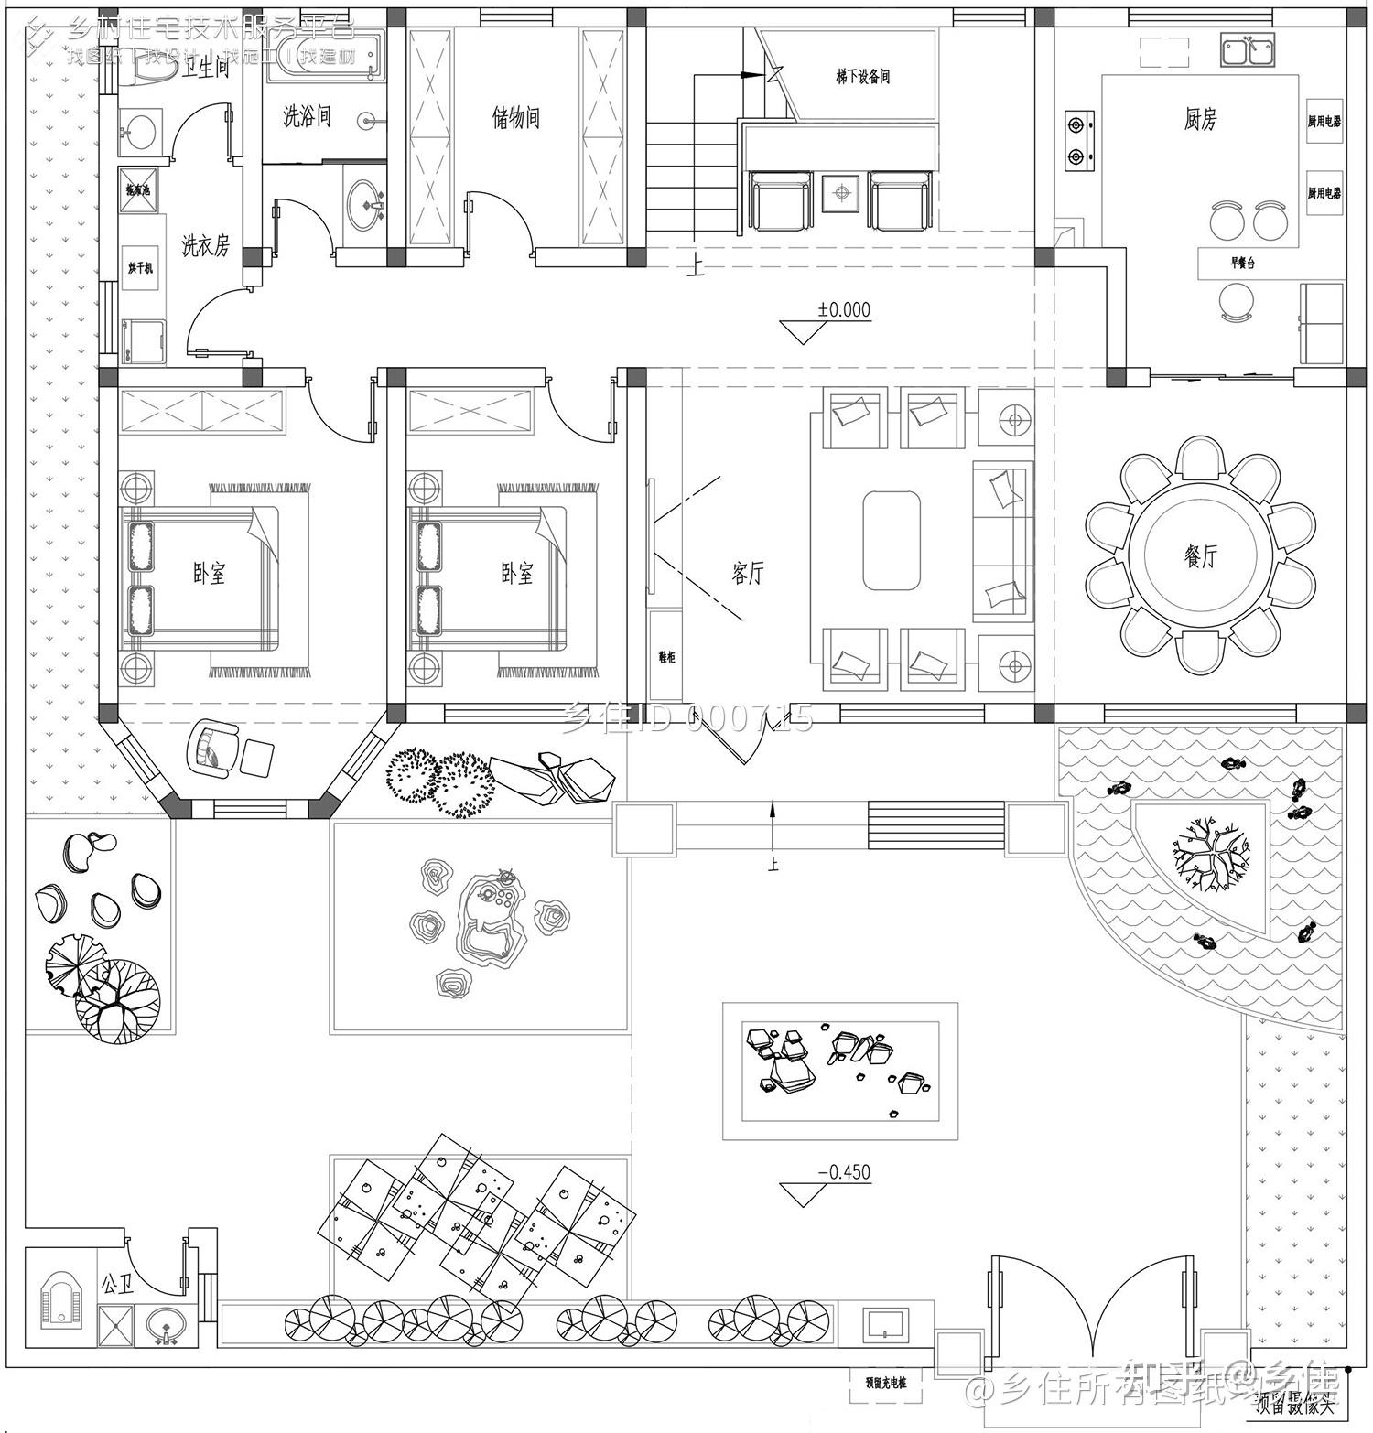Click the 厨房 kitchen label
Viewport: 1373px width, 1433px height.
coord(1200,119)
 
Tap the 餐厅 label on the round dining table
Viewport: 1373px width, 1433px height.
coord(1200,555)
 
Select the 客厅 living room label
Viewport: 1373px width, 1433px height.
coord(747,574)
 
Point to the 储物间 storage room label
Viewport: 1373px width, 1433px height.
coord(516,118)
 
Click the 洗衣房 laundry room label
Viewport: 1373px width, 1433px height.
coord(205,245)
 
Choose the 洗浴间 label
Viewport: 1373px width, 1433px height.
coord(306,116)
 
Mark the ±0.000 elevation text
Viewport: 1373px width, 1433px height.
coord(844,310)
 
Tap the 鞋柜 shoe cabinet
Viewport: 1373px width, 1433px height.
coord(665,657)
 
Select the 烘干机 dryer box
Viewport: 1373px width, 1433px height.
coord(141,268)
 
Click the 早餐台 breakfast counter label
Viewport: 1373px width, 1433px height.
coord(1241,263)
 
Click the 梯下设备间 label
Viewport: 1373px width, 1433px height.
coord(862,78)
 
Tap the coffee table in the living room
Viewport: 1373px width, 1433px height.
coord(891,541)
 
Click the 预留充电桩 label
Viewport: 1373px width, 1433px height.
coord(878,1384)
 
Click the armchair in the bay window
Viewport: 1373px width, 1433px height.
coord(212,748)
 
